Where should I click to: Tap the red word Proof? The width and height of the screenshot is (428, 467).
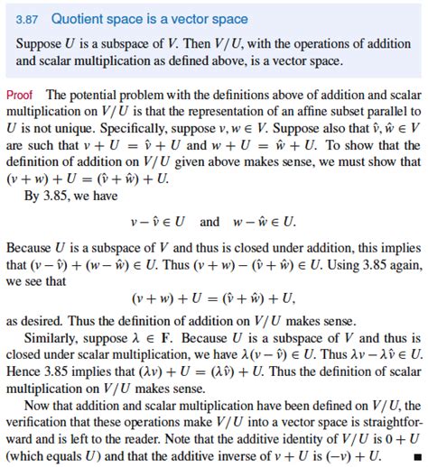[x=20, y=96]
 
